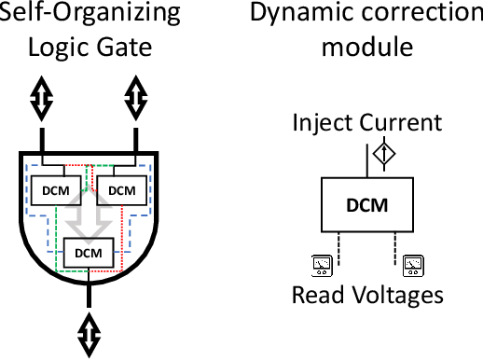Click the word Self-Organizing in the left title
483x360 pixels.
(x=89, y=15)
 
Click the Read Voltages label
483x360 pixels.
(x=366, y=296)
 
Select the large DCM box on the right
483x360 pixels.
(x=366, y=204)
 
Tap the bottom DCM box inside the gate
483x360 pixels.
(x=88, y=252)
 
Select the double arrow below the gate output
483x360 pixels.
(x=90, y=331)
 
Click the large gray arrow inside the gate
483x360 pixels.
(x=88, y=210)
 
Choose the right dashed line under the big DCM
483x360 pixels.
(x=390, y=248)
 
